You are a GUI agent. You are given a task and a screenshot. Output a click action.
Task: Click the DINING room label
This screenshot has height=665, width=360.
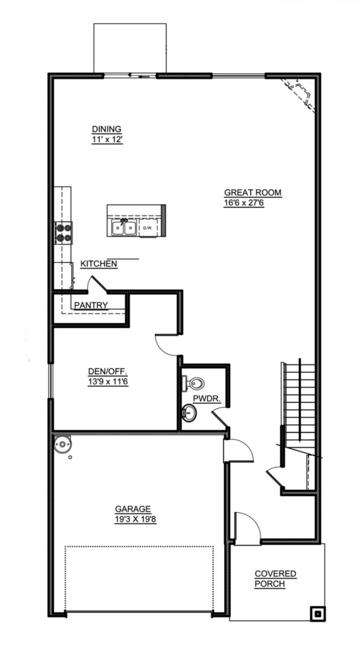tap(107, 129)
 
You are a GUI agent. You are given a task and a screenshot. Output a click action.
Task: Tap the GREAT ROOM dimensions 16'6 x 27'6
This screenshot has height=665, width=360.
tap(244, 203)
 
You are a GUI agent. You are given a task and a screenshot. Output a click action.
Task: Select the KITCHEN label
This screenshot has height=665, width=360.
tap(99, 264)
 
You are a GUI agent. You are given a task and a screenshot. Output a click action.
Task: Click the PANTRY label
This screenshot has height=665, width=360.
tap(91, 305)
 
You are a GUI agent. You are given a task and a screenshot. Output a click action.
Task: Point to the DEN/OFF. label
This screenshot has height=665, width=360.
tap(109, 372)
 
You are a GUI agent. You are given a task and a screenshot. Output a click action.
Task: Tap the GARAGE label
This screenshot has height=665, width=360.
tap(133, 509)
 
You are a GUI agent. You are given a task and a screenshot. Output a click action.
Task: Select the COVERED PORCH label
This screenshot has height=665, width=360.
tap(276, 579)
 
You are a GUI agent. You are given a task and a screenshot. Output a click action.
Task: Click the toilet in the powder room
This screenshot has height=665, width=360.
tap(194, 383)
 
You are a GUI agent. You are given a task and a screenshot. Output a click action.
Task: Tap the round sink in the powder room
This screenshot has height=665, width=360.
tap(189, 412)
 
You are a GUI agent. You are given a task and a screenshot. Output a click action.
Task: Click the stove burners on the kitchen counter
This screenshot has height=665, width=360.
tap(63, 233)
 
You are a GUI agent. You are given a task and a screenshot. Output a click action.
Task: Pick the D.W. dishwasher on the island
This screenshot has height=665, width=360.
tap(148, 228)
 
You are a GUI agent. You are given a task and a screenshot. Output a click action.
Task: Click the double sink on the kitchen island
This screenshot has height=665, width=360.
tap(124, 228)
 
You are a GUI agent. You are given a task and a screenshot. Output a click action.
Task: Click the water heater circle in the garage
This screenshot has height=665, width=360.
tap(63, 445)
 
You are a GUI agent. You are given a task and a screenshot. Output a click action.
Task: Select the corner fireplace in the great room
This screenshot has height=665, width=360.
tap(298, 94)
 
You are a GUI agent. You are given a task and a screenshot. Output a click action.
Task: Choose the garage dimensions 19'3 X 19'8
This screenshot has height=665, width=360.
tap(135, 520)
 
